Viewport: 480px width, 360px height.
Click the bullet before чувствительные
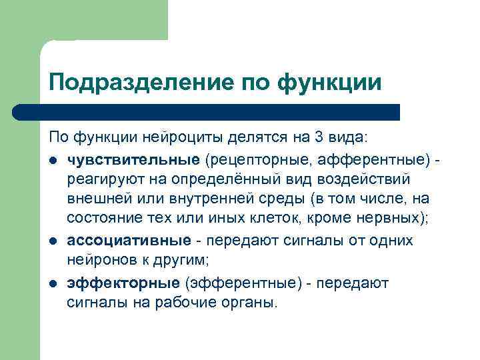(53, 161)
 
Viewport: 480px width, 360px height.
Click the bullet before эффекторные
(53, 283)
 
